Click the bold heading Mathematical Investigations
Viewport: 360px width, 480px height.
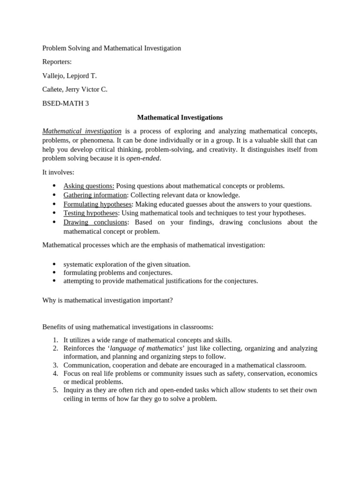coord(180,117)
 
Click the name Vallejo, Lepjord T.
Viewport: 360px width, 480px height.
coord(69,75)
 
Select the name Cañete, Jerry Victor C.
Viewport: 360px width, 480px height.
coord(75,89)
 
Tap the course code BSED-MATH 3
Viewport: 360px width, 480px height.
coord(66,103)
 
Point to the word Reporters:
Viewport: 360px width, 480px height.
coord(57,62)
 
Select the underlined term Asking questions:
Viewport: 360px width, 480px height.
coord(89,186)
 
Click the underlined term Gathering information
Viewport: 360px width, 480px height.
coord(95,195)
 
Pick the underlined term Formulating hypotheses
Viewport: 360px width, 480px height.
coord(97,204)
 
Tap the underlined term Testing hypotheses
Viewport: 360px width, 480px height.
coord(90,213)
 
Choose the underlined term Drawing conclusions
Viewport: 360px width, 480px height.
coord(95,222)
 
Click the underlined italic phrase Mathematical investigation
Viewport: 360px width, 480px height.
coord(82,131)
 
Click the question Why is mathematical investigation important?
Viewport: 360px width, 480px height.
coord(108,300)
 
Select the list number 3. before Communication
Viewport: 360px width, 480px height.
coord(55,365)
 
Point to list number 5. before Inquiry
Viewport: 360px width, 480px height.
coord(55,390)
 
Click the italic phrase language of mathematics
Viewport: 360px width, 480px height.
coord(146,348)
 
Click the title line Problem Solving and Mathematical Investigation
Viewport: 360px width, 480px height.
coord(112,48)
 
